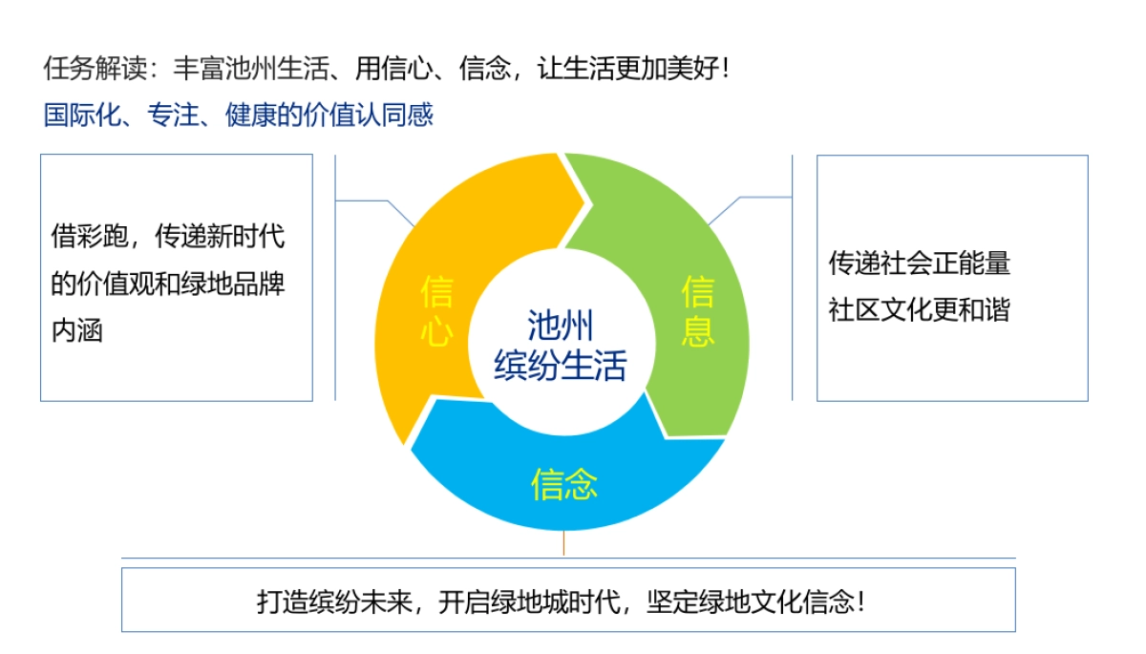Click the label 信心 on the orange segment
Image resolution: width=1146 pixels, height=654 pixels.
click(x=436, y=311)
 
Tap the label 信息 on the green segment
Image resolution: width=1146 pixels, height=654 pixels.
click(x=697, y=311)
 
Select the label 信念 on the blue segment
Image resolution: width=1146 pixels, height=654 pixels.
click(x=563, y=484)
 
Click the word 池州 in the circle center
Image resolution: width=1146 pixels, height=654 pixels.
click(x=561, y=326)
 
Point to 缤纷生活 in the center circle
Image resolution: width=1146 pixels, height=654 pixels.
click(x=561, y=365)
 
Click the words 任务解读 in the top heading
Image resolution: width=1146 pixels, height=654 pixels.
click(x=95, y=68)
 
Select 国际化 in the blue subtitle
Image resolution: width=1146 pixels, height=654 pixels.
click(x=82, y=115)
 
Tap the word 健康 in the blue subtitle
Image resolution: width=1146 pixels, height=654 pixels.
click(x=251, y=115)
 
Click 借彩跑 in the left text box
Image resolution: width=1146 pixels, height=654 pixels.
click(x=90, y=236)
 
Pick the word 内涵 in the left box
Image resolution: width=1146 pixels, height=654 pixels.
click(x=76, y=330)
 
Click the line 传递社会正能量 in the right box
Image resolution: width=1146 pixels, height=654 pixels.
click(x=920, y=263)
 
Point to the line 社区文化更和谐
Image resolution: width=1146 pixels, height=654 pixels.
click(x=920, y=309)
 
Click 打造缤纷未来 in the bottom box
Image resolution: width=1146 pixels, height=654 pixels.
click(x=334, y=601)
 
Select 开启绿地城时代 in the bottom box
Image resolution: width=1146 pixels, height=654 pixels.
click(x=529, y=601)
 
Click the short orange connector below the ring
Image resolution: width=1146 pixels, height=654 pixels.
click(x=563, y=543)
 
